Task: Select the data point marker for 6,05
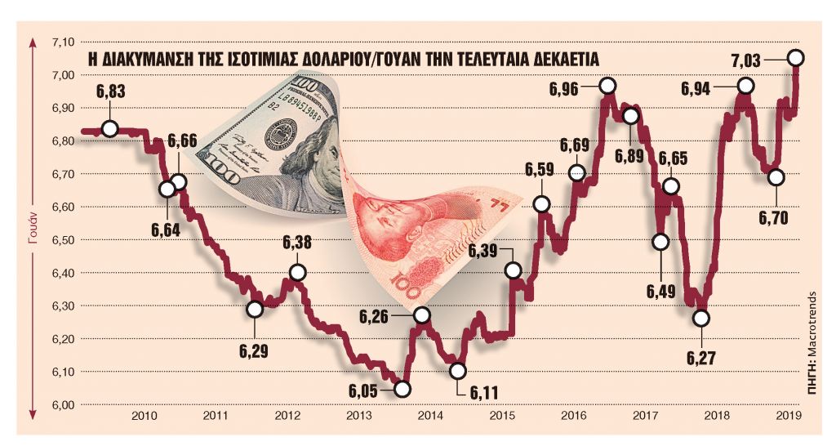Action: coord(402,389)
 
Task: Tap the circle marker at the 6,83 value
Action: coord(110,128)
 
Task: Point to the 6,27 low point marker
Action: coord(700,318)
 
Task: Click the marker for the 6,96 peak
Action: coord(607,85)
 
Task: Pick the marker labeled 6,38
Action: coord(298,272)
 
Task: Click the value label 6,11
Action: coord(484,393)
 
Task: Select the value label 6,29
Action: coord(255,350)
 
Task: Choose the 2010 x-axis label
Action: coord(145,417)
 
